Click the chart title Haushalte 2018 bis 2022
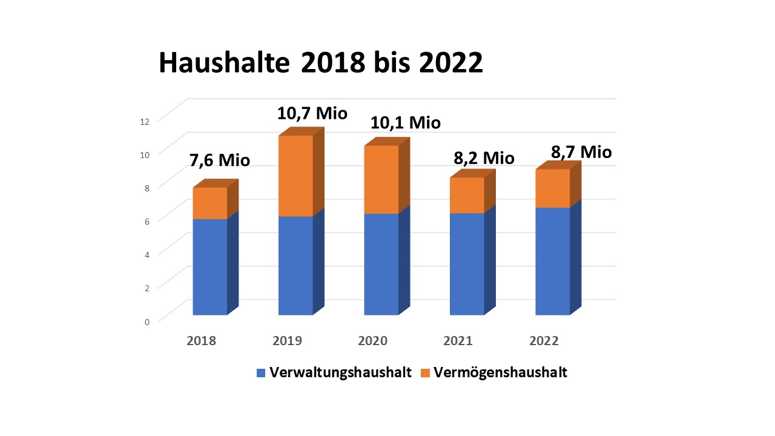(321, 63)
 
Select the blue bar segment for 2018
(209, 266)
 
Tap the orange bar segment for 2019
(295, 176)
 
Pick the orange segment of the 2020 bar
(381, 179)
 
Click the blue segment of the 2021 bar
(467, 264)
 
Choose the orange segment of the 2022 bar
(552, 188)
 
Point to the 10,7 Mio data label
(312, 113)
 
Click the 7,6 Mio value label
(219, 160)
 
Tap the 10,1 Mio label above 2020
(406, 122)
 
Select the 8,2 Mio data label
(484, 158)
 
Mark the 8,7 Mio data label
(581, 152)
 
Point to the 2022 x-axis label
(544, 341)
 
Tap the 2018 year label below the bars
(202, 341)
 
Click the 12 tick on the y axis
(144, 121)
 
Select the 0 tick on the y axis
(147, 322)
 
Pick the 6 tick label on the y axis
(147, 222)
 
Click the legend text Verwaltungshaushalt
(341, 372)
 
